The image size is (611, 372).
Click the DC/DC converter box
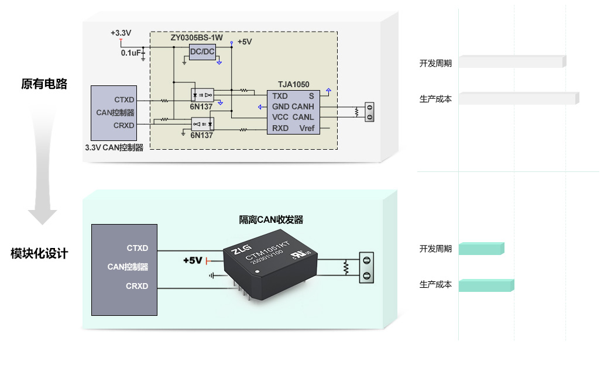(202, 52)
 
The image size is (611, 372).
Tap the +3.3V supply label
(121, 33)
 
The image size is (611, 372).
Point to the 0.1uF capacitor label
(131, 53)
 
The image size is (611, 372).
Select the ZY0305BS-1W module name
(197, 37)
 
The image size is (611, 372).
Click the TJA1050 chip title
(294, 85)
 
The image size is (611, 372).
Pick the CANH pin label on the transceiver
(303, 106)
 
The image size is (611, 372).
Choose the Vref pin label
(307, 128)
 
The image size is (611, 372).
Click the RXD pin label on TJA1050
(280, 128)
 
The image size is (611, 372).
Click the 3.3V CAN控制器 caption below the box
(114, 148)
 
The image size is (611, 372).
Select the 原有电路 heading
(44, 84)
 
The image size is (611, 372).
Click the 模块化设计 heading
(39, 254)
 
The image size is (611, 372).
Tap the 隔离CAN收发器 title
(271, 220)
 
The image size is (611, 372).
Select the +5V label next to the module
(193, 260)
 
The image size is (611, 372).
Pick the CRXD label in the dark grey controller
(137, 286)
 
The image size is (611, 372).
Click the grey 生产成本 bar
(518, 99)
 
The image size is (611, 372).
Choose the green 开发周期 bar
(480, 249)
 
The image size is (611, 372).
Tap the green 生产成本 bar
(486, 285)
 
